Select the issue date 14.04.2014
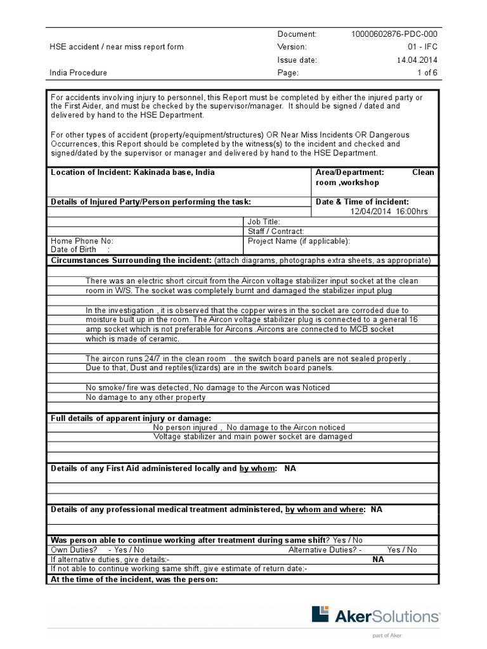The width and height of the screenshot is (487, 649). coord(415,60)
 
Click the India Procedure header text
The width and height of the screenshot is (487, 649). coord(79,73)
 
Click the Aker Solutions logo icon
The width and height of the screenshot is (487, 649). coord(321,615)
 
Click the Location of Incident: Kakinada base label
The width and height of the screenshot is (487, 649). coord(133,172)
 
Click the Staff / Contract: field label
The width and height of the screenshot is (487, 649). coord(276,231)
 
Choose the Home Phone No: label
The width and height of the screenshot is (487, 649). coord(82,241)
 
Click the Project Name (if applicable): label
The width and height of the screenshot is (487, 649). coord(299,241)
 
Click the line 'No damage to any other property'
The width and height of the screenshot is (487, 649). coord(145,397)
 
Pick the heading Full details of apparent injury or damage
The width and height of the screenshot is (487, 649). coord(131,418)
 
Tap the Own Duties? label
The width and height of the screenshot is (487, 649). coord(74,550)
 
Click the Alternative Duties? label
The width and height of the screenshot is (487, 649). coord(325,550)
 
